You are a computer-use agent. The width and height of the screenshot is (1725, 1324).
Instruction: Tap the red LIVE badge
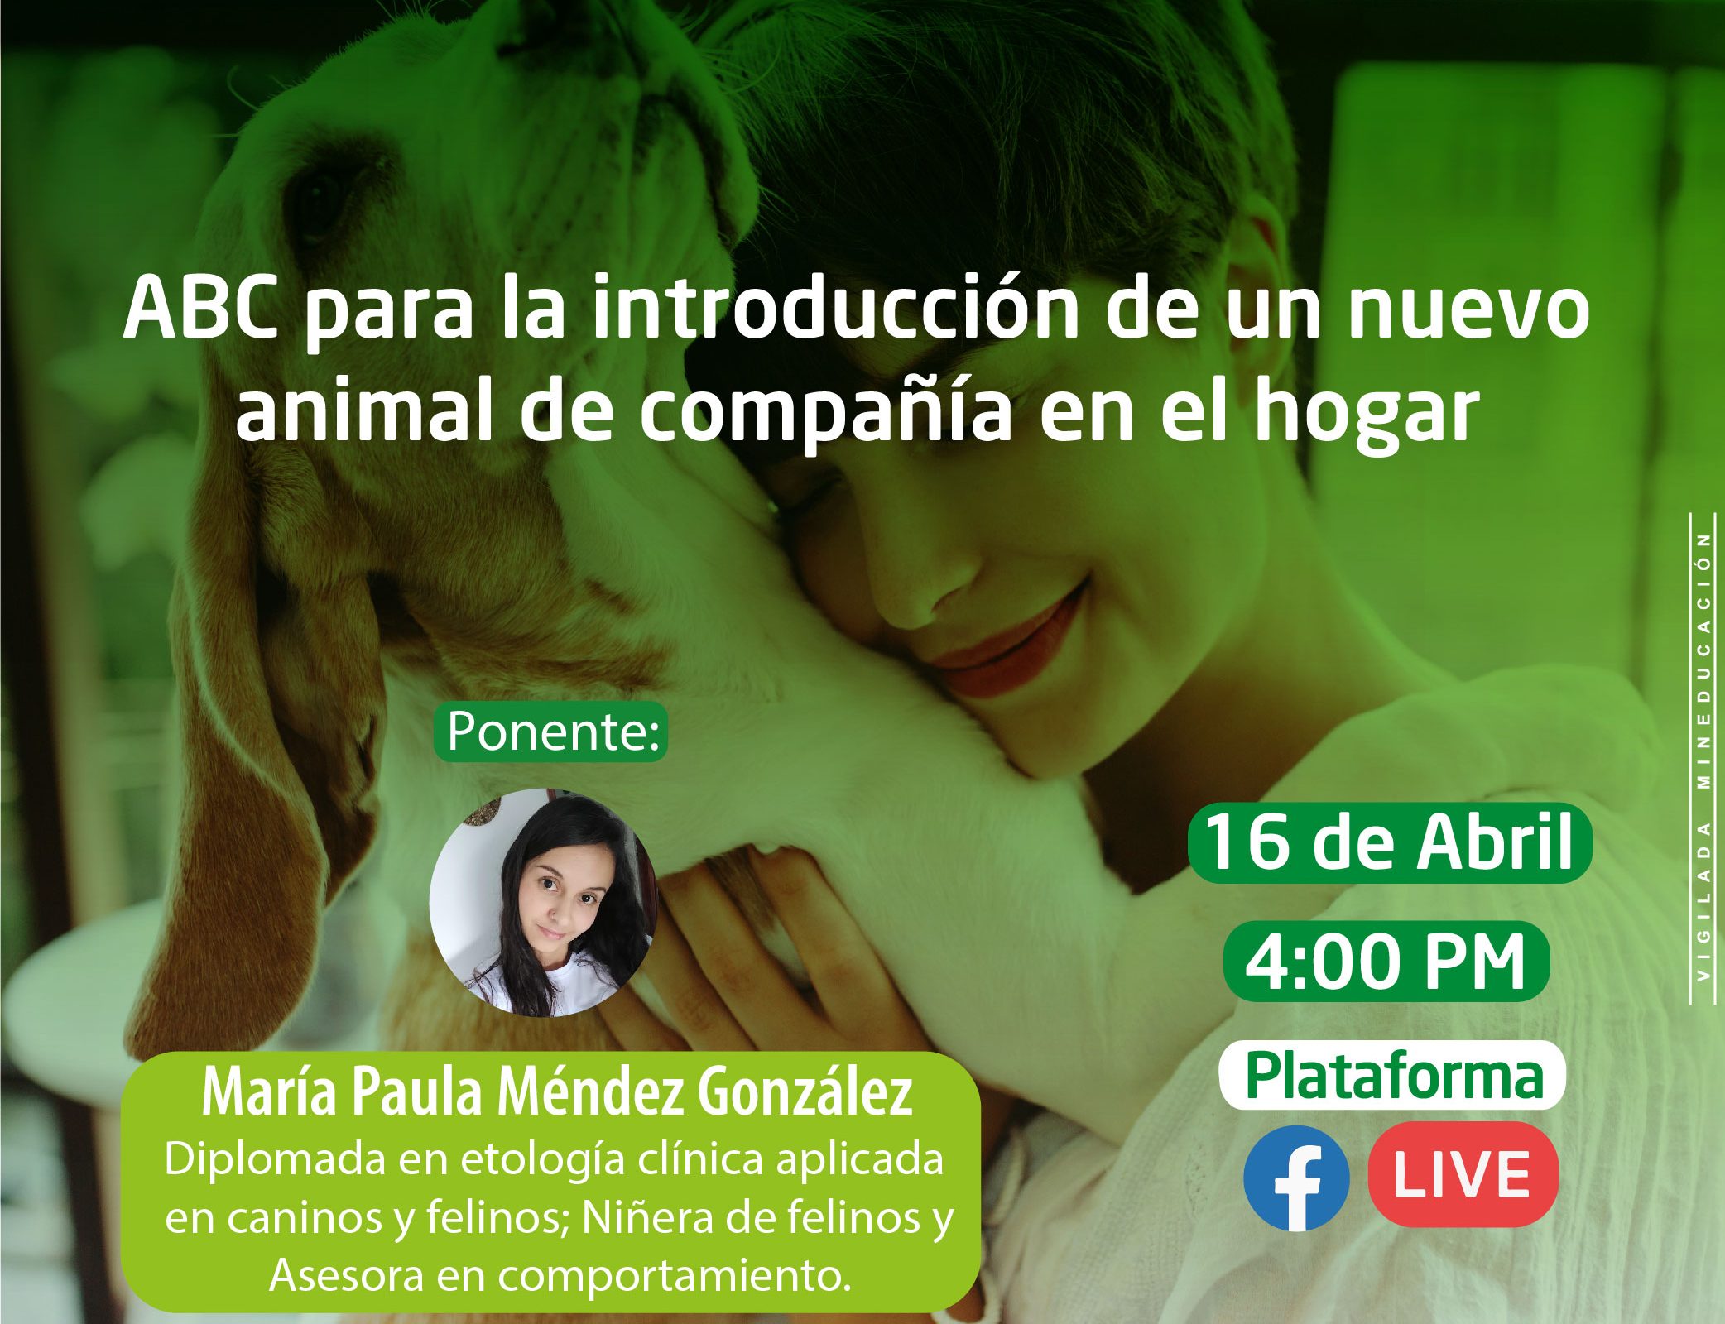coord(1463,1174)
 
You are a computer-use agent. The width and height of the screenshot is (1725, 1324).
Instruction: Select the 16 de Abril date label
coord(1390,842)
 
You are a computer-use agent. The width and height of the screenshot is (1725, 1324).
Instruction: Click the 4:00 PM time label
coord(1386,962)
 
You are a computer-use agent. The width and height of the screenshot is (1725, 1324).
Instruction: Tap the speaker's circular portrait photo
coord(544,902)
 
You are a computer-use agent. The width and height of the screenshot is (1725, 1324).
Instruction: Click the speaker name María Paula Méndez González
coord(556,1094)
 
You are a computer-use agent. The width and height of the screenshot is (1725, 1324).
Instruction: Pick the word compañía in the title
coord(825,414)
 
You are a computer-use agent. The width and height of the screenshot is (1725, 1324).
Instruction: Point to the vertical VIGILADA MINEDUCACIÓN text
coord(1703,757)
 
